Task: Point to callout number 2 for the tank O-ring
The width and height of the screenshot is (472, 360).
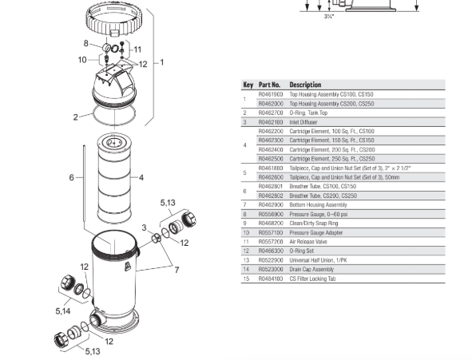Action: tap(76, 117)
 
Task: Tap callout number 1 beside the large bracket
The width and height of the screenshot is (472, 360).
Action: tap(162, 61)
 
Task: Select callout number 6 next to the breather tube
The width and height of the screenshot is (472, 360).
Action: tap(71, 177)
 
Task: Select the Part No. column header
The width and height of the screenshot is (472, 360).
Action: tap(270, 85)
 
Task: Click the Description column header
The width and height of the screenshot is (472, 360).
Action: tap(305, 85)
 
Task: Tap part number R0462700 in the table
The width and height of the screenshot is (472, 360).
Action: tap(270, 113)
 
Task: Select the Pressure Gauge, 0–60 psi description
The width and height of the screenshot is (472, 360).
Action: tap(318, 215)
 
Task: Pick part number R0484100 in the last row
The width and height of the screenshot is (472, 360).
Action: tap(270, 278)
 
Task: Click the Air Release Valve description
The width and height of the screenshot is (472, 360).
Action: tap(310, 241)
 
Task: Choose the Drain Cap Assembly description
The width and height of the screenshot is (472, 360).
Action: tap(312, 269)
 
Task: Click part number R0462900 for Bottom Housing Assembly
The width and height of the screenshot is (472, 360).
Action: tap(270, 205)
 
